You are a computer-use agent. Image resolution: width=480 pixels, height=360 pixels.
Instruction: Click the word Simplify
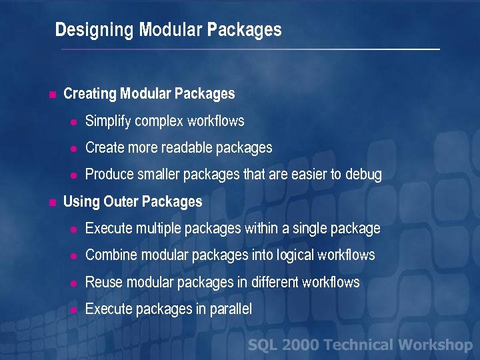108,121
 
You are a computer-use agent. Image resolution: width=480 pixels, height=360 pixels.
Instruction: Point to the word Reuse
103,282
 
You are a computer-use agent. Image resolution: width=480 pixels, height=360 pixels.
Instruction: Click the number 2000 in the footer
300,345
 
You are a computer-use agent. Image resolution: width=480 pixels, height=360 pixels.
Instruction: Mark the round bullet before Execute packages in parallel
75,310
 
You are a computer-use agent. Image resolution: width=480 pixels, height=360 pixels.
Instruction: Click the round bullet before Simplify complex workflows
75,122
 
